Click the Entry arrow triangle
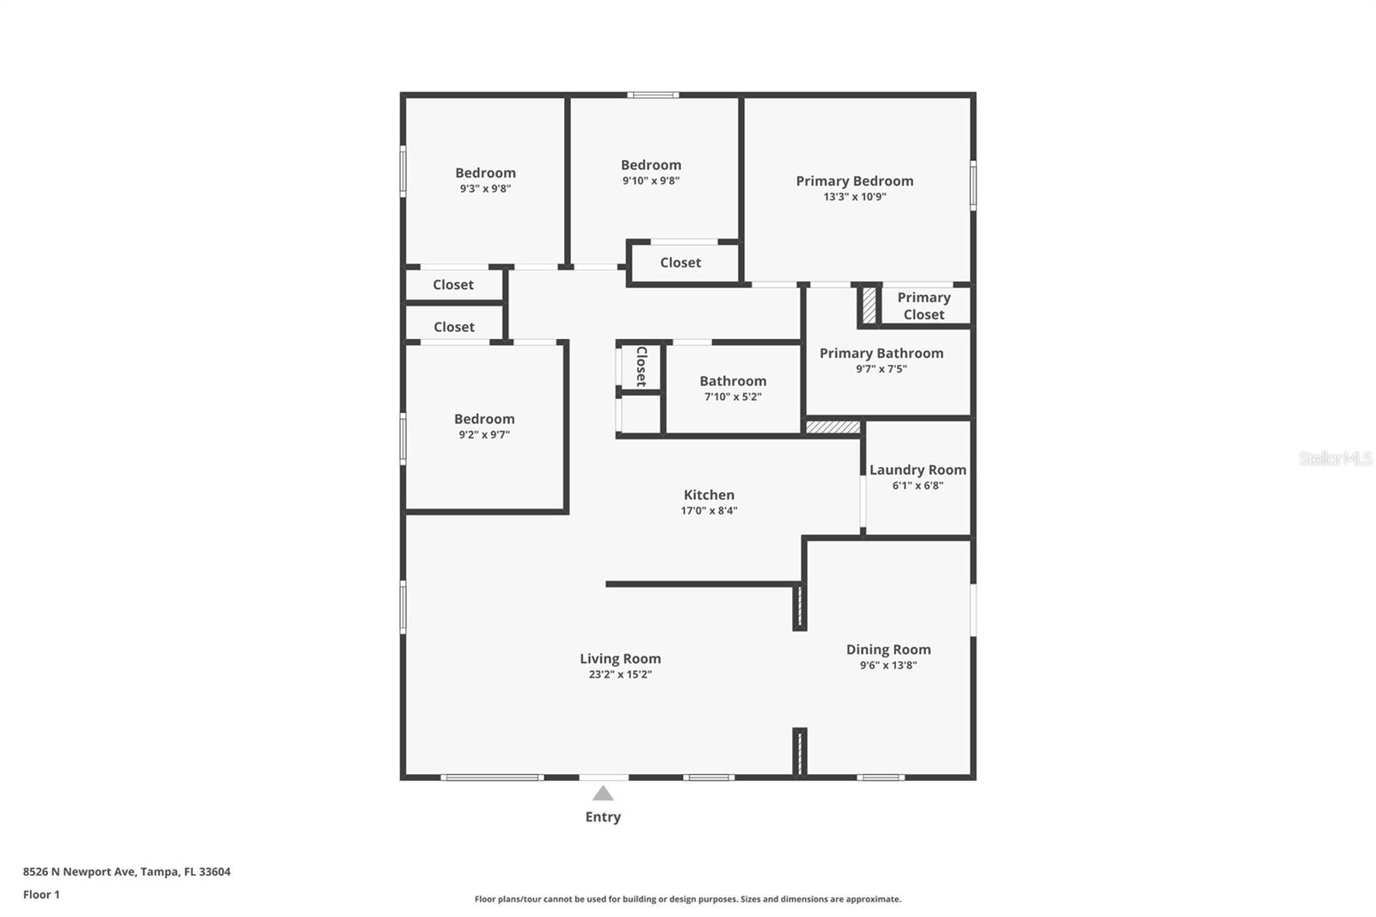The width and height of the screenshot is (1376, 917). pos(603,794)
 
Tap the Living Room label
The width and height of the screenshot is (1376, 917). pos(620,659)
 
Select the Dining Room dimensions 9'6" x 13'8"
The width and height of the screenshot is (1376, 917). pos(888,666)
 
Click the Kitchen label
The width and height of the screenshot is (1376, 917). pos(709,495)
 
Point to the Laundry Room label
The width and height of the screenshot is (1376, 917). pos(918,470)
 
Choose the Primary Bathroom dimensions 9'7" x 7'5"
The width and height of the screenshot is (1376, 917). pos(881,369)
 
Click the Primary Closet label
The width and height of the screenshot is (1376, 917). pos(924,305)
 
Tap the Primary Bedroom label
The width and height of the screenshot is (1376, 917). pos(854,181)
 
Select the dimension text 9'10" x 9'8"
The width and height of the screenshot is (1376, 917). pos(651,181)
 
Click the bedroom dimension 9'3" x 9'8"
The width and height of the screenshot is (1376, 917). pos(485,188)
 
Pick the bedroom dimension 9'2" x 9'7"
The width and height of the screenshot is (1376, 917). pos(484,435)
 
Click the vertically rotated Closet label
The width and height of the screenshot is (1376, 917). pos(641,366)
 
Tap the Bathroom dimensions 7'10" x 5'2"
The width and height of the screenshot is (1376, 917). pos(733,397)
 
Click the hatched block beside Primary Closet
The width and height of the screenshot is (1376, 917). pos(869,305)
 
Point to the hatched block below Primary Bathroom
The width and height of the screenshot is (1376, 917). pos(832,427)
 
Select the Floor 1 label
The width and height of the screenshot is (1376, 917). pos(41,895)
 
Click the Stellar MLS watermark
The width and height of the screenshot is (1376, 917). pos(1335,459)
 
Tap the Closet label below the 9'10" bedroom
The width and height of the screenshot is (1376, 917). pos(680,263)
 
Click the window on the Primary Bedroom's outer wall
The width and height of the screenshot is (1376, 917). pos(974,185)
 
